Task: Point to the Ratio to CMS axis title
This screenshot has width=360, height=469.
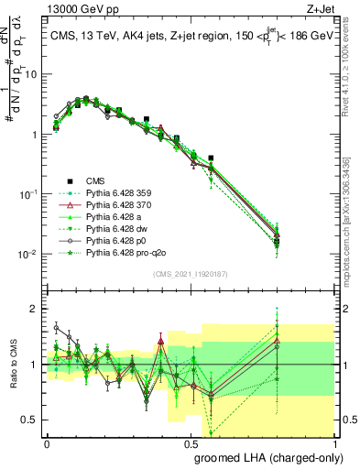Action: (12, 366)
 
